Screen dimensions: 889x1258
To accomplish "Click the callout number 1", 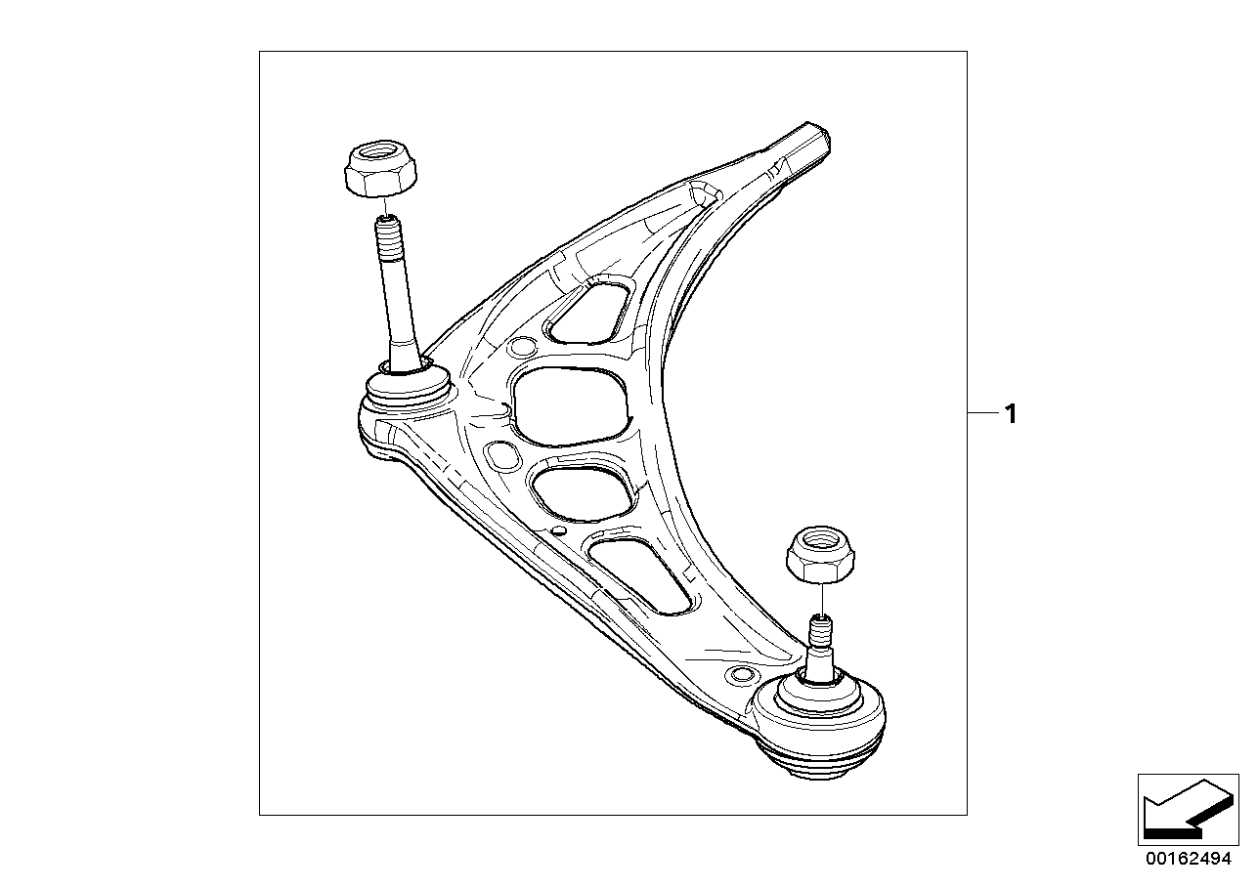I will [1011, 415].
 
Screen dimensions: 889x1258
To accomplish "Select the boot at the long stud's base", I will [406, 386].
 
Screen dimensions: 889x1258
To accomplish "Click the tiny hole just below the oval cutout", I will [558, 530].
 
